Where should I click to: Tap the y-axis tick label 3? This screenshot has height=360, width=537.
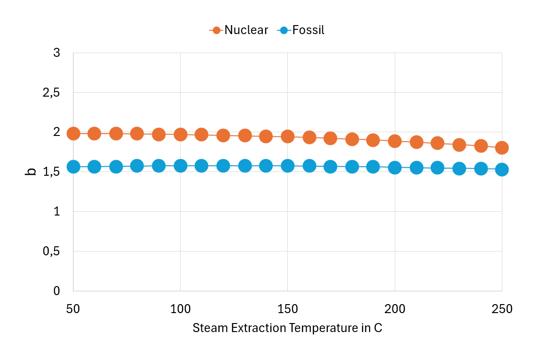coord(57,53)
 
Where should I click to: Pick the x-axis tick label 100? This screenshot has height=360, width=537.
coord(180,309)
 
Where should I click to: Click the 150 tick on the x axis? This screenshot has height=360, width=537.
coord(287,309)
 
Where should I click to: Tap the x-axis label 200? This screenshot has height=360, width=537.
coord(395,309)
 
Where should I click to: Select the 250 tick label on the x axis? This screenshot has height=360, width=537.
coord(502,309)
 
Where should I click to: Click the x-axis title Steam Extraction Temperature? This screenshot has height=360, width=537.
coord(287,328)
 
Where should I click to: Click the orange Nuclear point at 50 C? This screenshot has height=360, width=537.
coord(73,134)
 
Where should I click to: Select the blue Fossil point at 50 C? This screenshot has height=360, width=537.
coord(73,167)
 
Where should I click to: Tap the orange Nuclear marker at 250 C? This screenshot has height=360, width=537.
coord(502,148)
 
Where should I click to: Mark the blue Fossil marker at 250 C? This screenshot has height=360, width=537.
coord(502,169)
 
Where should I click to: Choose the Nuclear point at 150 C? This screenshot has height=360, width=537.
coord(287,136)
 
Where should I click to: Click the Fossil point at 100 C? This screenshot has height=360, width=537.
coord(180,166)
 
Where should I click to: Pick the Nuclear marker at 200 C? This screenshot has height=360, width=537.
coord(395,141)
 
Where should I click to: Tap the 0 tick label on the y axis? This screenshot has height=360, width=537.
coord(57,291)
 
